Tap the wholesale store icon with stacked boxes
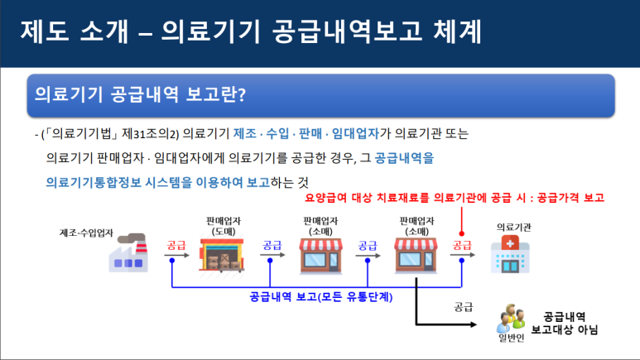[224, 254]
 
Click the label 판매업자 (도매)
[224, 225]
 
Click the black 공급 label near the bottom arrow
[463, 305]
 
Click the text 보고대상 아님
[565, 330]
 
